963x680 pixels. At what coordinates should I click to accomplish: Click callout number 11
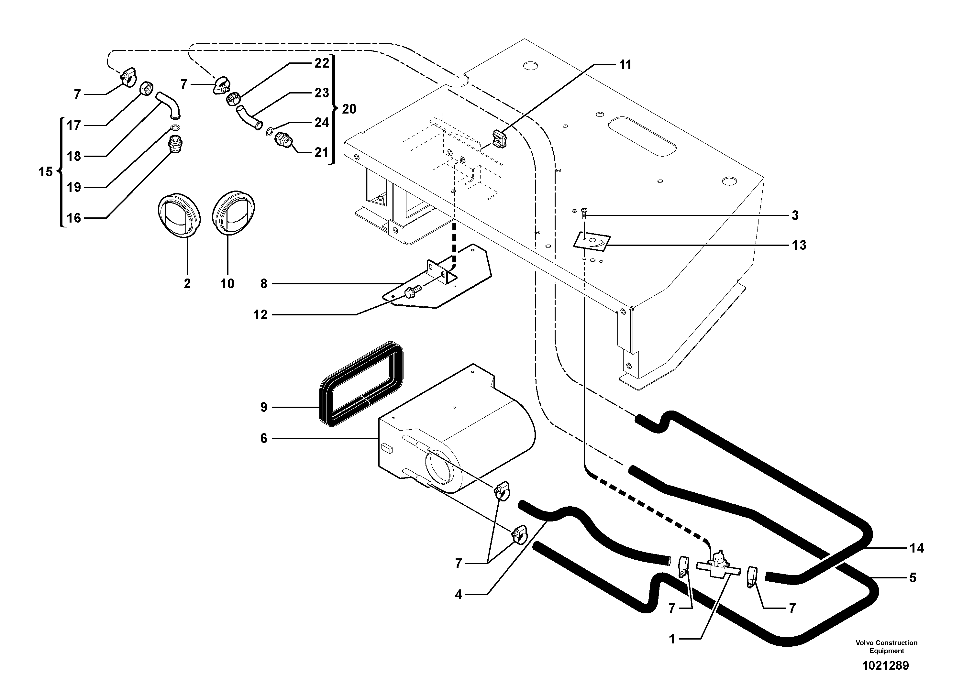point(625,65)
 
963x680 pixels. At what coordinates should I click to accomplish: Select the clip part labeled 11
point(498,139)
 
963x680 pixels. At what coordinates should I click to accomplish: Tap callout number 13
point(799,245)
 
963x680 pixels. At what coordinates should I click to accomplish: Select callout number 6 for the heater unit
point(263,439)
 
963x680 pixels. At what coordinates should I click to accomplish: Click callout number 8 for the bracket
point(263,284)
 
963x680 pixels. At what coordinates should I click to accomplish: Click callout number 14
point(916,548)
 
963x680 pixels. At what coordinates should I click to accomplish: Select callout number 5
point(913,578)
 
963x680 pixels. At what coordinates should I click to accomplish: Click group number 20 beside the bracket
point(349,109)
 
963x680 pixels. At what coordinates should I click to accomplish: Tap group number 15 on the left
point(45,172)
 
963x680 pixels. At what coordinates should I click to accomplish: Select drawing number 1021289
point(885,665)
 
